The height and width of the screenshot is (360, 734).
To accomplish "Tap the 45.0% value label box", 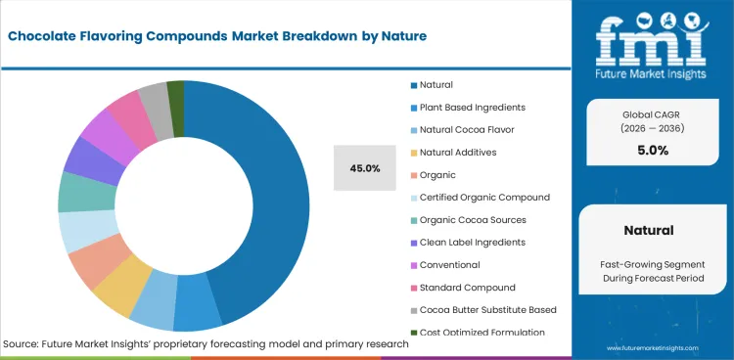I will click(364, 168).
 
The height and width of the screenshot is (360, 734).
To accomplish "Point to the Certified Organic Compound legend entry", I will click(484, 198).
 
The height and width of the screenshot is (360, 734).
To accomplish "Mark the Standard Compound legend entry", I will click(468, 288).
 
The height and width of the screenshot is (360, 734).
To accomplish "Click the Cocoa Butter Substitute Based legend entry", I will click(487, 310).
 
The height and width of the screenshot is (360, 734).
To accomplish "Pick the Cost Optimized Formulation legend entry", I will click(482, 333).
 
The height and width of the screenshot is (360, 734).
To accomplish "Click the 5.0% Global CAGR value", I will click(653, 151).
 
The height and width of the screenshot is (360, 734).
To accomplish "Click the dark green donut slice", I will click(176, 92).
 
